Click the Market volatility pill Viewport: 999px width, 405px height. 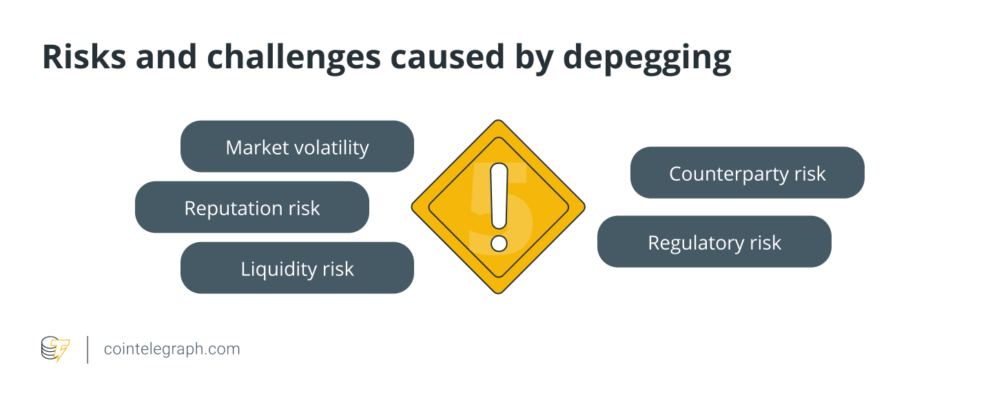(297, 146)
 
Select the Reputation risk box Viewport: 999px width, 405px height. (252, 207)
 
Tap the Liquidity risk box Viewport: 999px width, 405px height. (297, 268)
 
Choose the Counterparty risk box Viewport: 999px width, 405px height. (747, 172)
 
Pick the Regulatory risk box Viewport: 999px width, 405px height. (714, 242)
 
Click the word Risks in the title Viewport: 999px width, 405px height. (84, 57)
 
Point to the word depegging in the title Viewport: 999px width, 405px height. (647, 59)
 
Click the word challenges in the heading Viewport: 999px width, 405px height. (294, 59)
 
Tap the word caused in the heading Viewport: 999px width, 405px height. (447, 58)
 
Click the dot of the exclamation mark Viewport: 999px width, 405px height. (499, 244)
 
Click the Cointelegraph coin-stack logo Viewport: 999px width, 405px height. (55, 348)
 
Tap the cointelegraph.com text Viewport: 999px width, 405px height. (172, 349)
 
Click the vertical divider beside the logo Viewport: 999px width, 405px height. (87, 350)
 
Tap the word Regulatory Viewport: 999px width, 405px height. (696, 244)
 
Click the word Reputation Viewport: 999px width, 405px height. (234, 209)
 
